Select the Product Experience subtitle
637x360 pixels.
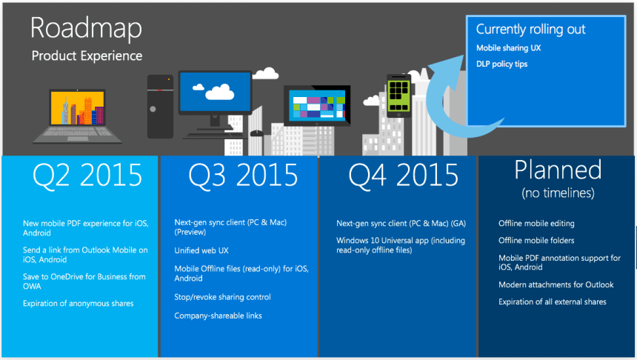click(x=87, y=56)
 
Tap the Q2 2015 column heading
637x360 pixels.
click(x=87, y=175)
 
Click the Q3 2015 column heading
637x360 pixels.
click(x=243, y=175)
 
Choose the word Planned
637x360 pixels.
click(x=558, y=170)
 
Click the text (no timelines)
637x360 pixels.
click(x=557, y=193)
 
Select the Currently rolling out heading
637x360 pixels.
click(x=530, y=30)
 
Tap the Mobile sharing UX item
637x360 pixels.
click(x=508, y=48)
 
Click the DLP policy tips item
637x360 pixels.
click(x=501, y=64)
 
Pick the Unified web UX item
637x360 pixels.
click(x=201, y=250)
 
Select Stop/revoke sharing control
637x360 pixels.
click(x=222, y=297)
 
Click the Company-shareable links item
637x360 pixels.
click(x=218, y=316)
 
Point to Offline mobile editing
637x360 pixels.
click(x=536, y=223)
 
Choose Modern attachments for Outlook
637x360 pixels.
click(x=556, y=284)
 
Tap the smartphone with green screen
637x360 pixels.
click(x=398, y=95)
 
